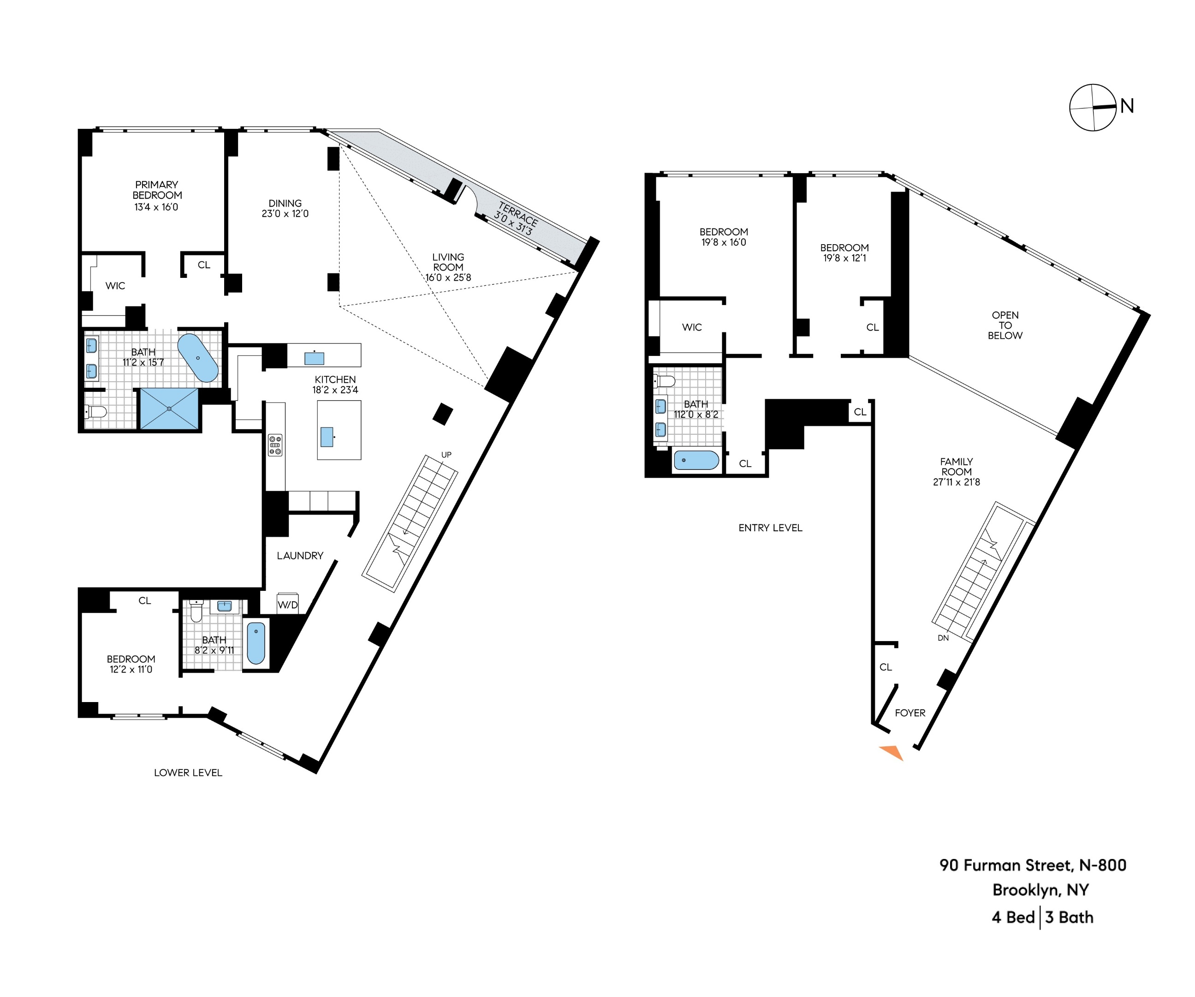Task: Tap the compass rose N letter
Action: coord(1127,106)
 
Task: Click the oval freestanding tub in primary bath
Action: coord(197,358)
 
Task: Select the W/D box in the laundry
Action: coord(287,604)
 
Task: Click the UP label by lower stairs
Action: coord(446,454)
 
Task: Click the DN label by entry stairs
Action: coord(943,638)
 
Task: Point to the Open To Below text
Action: coord(1005,325)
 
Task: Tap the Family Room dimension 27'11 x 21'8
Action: coord(956,482)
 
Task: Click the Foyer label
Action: coord(910,713)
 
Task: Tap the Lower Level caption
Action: coord(188,773)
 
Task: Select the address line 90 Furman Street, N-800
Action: coord(1032,865)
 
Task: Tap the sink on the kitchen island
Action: coord(327,437)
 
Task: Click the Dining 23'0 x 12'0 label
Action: coord(285,208)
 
